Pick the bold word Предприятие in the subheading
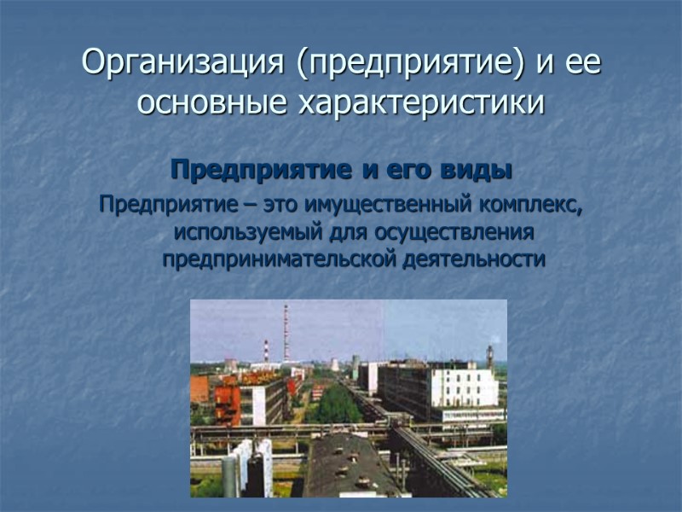pos(263,170)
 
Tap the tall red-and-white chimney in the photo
pos(286,333)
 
